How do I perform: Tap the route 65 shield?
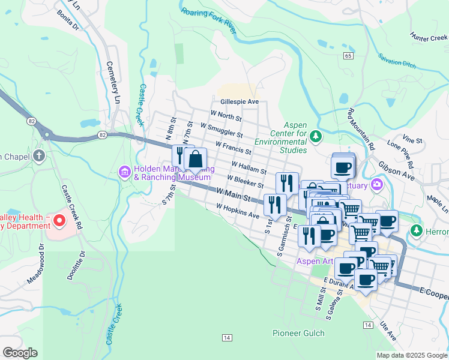348,55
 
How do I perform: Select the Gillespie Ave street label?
239,102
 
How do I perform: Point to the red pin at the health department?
59,221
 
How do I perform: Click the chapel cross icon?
39,157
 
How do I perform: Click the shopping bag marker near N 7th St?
196,159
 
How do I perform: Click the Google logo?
19,353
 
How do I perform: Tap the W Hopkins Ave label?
238,211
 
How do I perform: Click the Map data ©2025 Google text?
412,355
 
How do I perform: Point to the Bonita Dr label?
67,19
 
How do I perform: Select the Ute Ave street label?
387,331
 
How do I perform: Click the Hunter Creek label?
429,37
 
